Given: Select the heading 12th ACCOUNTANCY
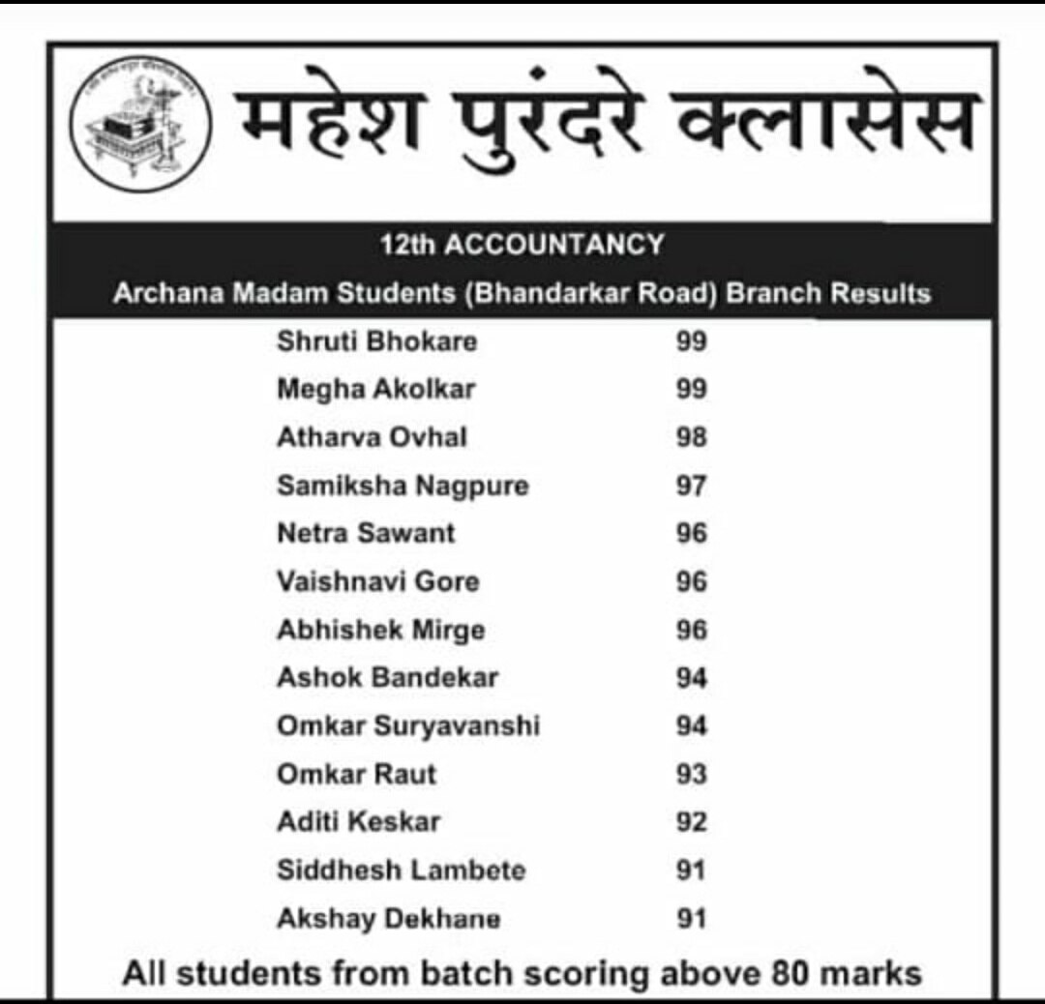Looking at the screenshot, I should [522, 245].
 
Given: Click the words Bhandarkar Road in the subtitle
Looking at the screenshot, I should [592, 294].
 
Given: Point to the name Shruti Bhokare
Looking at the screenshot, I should [376, 341].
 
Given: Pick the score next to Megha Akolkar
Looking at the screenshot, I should [692, 390].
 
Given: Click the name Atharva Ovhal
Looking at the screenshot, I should [372, 437].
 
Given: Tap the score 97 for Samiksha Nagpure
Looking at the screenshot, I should [692, 486].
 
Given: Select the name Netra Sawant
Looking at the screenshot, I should [366, 533].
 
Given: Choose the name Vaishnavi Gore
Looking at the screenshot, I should [378, 581].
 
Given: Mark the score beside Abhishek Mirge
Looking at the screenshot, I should [692, 630].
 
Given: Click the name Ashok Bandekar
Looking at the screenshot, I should [387, 677].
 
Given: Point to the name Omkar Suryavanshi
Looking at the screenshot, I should [408, 725].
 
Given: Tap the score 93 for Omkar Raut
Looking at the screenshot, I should [692, 774].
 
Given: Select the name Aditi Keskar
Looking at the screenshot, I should [358, 821].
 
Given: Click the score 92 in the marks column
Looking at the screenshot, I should [692, 822].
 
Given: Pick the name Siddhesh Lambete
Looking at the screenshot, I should [402, 870].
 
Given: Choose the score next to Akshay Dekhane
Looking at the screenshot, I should [692, 918].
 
